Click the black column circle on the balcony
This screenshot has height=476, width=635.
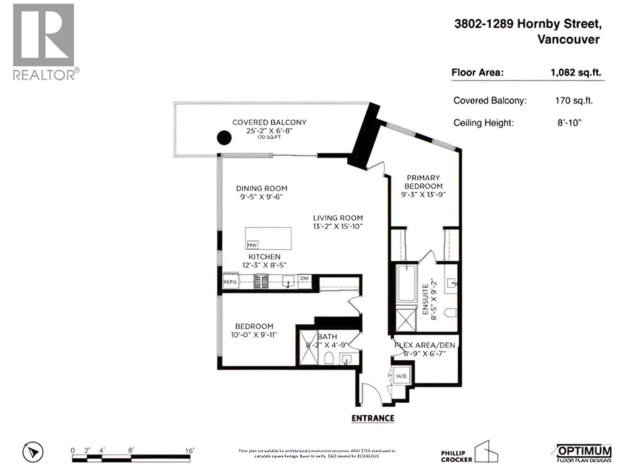(224, 138)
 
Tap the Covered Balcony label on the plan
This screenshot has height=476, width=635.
(269, 122)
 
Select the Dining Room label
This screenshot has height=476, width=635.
(262, 188)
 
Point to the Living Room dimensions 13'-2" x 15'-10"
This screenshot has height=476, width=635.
(338, 226)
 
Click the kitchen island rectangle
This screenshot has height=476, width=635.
(268, 238)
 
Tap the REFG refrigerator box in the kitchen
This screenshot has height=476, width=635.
(231, 281)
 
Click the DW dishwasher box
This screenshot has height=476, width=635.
(304, 278)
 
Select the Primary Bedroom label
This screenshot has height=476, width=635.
(423, 182)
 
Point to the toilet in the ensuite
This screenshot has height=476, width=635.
(450, 313)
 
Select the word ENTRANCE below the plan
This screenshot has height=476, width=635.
(373, 418)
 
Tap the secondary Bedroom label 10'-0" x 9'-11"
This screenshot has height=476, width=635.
(254, 326)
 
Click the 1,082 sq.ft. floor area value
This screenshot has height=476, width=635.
(575, 73)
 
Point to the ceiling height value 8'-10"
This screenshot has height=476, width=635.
(569, 123)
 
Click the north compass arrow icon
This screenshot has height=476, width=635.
(33, 452)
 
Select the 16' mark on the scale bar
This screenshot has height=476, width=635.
(189, 451)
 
